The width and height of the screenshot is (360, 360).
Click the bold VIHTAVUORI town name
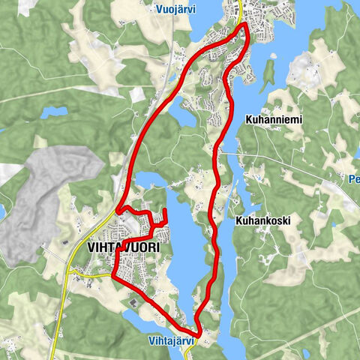123,246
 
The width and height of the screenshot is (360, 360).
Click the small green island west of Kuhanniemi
269,72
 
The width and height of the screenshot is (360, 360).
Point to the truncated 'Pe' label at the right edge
354,180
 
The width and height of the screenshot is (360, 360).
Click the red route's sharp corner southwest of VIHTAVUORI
113,276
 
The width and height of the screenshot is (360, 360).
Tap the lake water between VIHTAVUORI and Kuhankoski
187,247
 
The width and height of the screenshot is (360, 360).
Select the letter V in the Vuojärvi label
158,9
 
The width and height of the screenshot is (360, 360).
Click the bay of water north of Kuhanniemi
285,45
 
